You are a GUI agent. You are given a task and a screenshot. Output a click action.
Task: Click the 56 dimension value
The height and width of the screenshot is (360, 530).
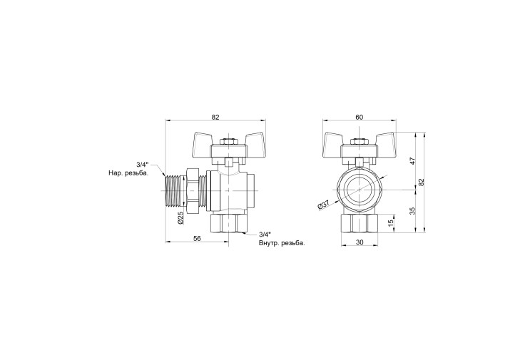(197, 238)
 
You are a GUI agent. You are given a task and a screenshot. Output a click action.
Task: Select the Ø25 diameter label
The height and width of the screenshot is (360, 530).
(180, 218)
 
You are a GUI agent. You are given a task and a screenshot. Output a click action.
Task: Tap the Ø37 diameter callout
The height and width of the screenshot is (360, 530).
(323, 205)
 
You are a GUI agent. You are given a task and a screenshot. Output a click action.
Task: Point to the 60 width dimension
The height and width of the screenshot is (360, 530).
(359, 117)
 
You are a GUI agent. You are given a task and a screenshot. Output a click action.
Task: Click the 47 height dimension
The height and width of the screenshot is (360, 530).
(412, 160)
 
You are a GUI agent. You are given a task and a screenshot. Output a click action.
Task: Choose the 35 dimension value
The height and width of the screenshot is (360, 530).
(412, 211)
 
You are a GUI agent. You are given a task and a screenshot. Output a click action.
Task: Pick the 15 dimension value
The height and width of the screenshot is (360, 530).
(391, 223)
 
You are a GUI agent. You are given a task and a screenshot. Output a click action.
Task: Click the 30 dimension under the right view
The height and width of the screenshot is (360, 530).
(360, 242)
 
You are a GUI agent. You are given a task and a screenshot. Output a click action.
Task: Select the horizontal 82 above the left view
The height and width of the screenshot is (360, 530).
(215, 117)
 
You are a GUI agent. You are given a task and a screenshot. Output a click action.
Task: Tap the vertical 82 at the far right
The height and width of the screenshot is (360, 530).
(421, 182)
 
